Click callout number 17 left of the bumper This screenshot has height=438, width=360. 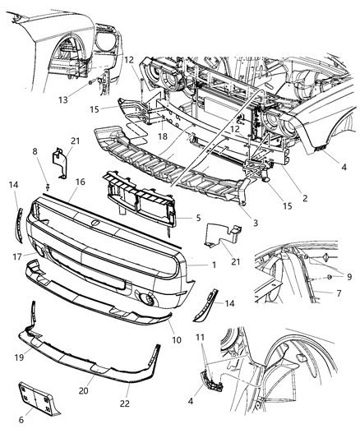[18, 256]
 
